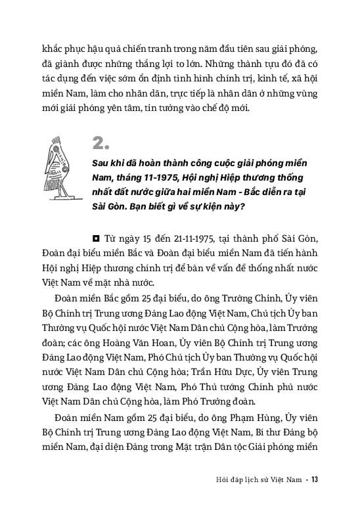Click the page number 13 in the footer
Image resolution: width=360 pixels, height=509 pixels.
click(x=315, y=479)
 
